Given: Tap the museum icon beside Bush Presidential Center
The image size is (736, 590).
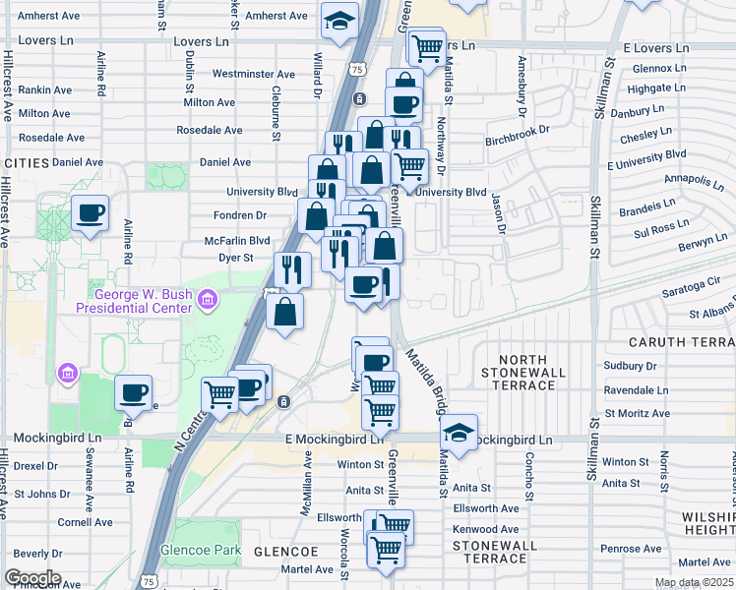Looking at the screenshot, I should tap(208, 299).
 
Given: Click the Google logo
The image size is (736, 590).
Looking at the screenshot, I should tap(31, 578).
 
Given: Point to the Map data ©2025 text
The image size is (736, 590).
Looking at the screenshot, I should tap(694, 582).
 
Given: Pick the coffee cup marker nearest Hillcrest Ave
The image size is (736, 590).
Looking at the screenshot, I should tap(90, 212).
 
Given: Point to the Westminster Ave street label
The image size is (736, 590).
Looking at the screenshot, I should tap(253, 74).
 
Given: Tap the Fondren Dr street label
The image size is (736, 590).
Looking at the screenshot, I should tap(240, 215).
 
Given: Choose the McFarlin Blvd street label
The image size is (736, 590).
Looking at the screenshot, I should tap(237, 240).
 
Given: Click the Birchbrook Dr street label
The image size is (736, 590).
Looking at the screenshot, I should tap(522, 141).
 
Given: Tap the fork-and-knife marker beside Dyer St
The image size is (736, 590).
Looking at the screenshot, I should tap(291, 268).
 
